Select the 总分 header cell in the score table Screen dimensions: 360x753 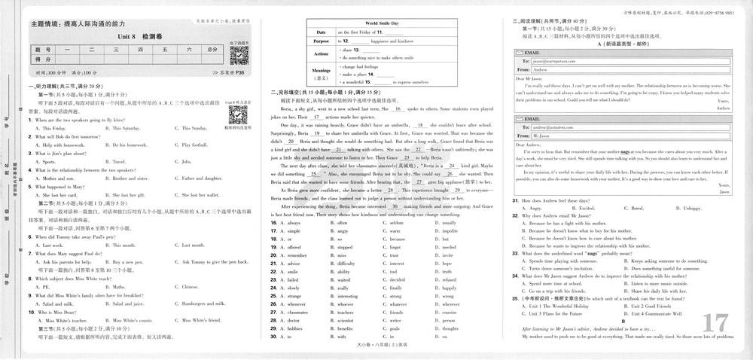(x=212, y=49)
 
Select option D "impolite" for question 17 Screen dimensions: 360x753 (x=449, y=232)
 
